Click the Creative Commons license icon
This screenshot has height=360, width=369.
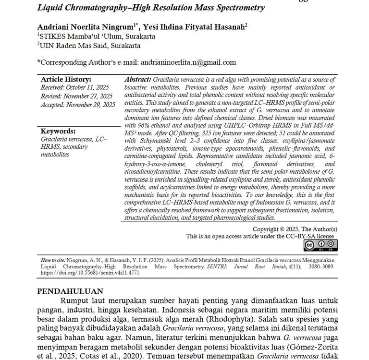321,245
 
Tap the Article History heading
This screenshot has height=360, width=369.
66,79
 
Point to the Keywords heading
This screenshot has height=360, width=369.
58,131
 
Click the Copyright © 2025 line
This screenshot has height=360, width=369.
295,229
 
